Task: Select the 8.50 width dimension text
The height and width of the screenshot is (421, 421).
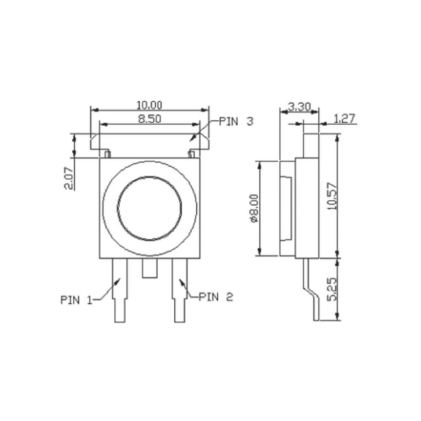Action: [150, 119]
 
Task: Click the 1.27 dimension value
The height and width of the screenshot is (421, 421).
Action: [345, 119]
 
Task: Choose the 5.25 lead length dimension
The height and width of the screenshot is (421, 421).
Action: [332, 288]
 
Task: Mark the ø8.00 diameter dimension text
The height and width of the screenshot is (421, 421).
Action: [254, 208]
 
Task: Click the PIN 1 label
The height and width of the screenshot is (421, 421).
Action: [76, 300]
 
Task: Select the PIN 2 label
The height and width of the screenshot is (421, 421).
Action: [216, 297]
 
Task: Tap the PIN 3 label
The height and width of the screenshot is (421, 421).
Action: [236, 122]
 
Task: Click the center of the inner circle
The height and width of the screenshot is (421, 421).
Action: [149, 208]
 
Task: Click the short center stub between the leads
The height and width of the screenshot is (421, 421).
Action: [149, 268]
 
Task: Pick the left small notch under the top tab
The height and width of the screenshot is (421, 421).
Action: [107, 154]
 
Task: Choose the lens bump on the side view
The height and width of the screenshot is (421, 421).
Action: [286, 208]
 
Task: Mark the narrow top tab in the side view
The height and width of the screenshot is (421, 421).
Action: [311, 145]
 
